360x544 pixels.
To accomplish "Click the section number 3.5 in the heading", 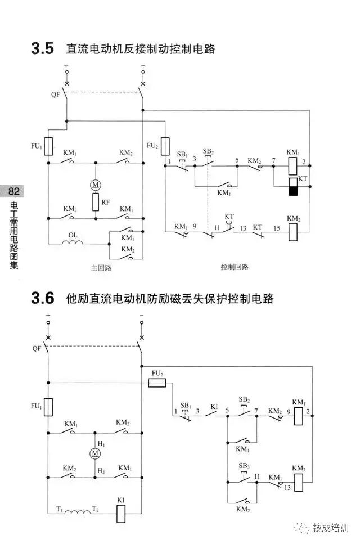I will point(43,48).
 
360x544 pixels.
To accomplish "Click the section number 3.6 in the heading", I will point(43,298).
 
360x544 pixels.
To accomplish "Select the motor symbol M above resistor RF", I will point(95,185).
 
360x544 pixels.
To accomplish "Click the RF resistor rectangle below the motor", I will point(95,201).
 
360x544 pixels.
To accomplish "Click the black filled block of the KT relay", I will point(292,191).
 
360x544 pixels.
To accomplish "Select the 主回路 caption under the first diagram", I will point(101,268).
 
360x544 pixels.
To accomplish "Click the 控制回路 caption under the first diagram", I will point(235,268).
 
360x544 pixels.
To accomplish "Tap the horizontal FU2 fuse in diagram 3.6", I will point(157,383).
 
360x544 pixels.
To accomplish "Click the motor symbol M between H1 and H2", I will point(95,453).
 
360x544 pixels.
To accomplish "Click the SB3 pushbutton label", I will point(244,465).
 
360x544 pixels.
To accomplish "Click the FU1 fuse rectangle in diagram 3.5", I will point(48,146).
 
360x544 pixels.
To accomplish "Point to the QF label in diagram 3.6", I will point(37,348).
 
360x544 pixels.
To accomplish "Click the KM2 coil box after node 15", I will point(292,232).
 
